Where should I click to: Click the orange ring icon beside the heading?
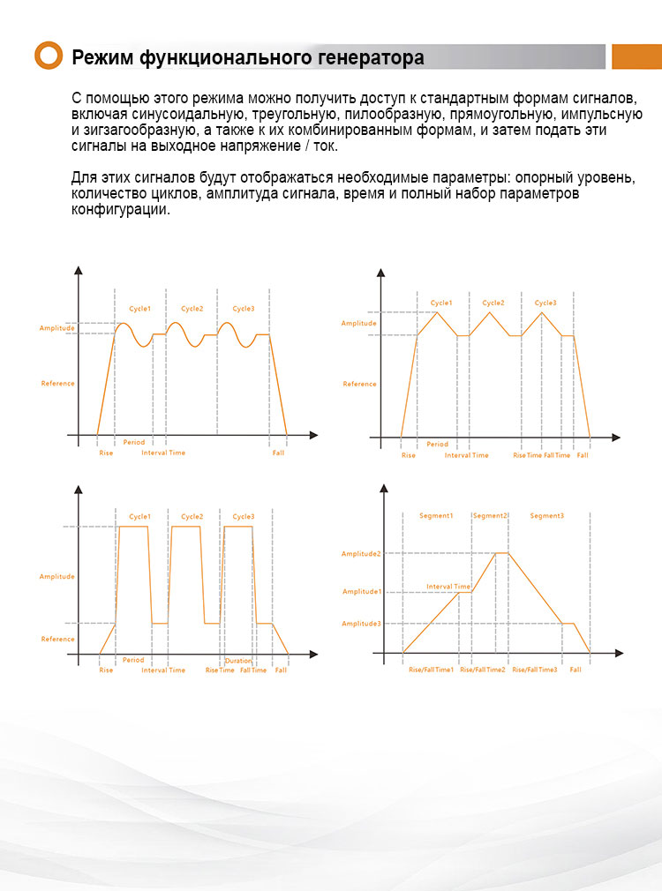[x=49, y=56]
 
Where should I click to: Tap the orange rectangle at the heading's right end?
[x=636, y=56]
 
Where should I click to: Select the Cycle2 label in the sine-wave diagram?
[x=192, y=309]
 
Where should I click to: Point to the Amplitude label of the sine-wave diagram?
[x=56, y=328]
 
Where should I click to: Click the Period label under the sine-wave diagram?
[x=134, y=442]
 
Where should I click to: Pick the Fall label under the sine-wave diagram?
[x=278, y=453]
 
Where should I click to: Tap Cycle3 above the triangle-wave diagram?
[x=545, y=303]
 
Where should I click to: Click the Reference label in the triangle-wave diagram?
[x=359, y=384]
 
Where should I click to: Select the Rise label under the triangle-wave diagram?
[x=408, y=455]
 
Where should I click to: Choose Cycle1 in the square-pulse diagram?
[x=139, y=516]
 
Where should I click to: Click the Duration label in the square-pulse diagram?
[x=238, y=661]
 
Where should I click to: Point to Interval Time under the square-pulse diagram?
[x=163, y=670]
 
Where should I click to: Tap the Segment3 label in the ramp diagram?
[x=546, y=515]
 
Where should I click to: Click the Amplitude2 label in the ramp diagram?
[x=361, y=553]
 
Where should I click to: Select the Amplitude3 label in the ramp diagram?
[x=361, y=624]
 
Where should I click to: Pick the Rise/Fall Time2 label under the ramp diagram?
[x=482, y=670]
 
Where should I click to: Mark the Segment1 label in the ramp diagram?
[x=436, y=515]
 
